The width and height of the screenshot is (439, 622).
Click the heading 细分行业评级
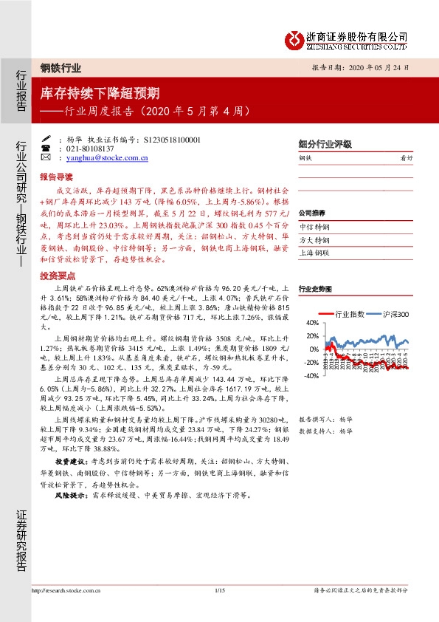[x=325, y=144]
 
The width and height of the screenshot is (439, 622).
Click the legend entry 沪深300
[x=395, y=314]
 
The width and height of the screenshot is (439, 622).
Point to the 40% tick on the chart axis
[x=312, y=323]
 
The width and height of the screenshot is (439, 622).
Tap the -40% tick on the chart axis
[x=311, y=375]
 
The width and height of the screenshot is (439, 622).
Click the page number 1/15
[x=218, y=590]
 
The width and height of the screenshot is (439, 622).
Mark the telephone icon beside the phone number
[x=46, y=148]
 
